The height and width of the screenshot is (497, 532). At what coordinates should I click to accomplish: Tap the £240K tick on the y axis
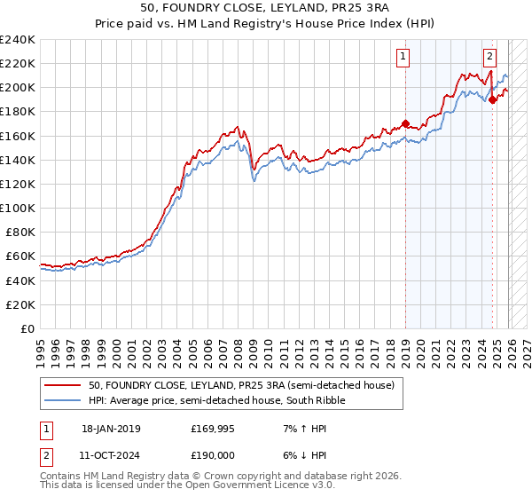(x=18, y=39)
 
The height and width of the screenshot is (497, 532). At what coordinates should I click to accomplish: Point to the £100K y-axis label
(x=18, y=208)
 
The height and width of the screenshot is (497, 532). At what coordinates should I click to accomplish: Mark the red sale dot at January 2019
(x=405, y=123)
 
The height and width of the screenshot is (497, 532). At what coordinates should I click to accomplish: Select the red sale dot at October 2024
(x=492, y=100)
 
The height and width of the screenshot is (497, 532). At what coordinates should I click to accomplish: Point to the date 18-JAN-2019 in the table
(x=111, y=428)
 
